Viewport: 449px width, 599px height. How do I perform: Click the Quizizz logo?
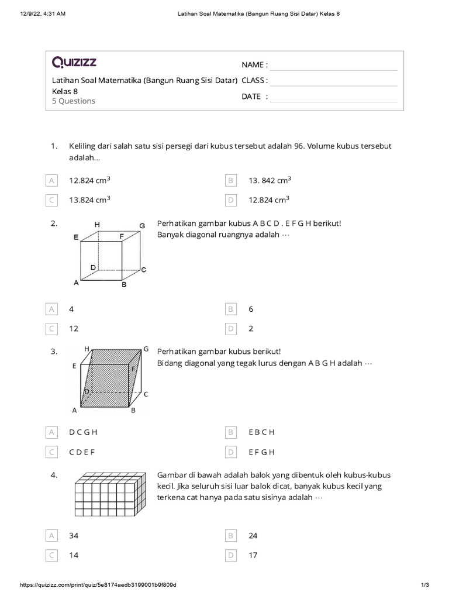click(74, 62)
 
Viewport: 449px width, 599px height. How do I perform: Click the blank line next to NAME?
click(333, 65)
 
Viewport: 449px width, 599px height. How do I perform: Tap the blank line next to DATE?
click(333, 97)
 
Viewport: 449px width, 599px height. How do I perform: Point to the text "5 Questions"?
click(74, 101)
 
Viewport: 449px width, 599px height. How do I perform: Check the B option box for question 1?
click(231, 181)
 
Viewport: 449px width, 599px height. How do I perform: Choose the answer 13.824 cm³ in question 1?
click(89, 200)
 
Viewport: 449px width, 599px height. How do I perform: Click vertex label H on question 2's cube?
click(97, 225)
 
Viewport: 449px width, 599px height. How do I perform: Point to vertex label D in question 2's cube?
click(93, 267)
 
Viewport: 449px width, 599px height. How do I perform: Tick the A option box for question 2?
click(52, 309)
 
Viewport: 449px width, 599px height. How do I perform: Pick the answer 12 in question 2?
click(74, 329)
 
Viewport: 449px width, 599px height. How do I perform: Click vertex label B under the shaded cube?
click(133, 411)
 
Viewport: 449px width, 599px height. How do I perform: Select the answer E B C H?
click(261, 432)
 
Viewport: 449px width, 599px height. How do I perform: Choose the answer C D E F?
click(82, 452)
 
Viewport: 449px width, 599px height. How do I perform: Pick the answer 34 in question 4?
click(74, 536)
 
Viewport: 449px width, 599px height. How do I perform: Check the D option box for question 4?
click(231, 555)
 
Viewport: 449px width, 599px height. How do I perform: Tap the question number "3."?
click(54, 352)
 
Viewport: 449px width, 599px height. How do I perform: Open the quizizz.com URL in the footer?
click(98, 585)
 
